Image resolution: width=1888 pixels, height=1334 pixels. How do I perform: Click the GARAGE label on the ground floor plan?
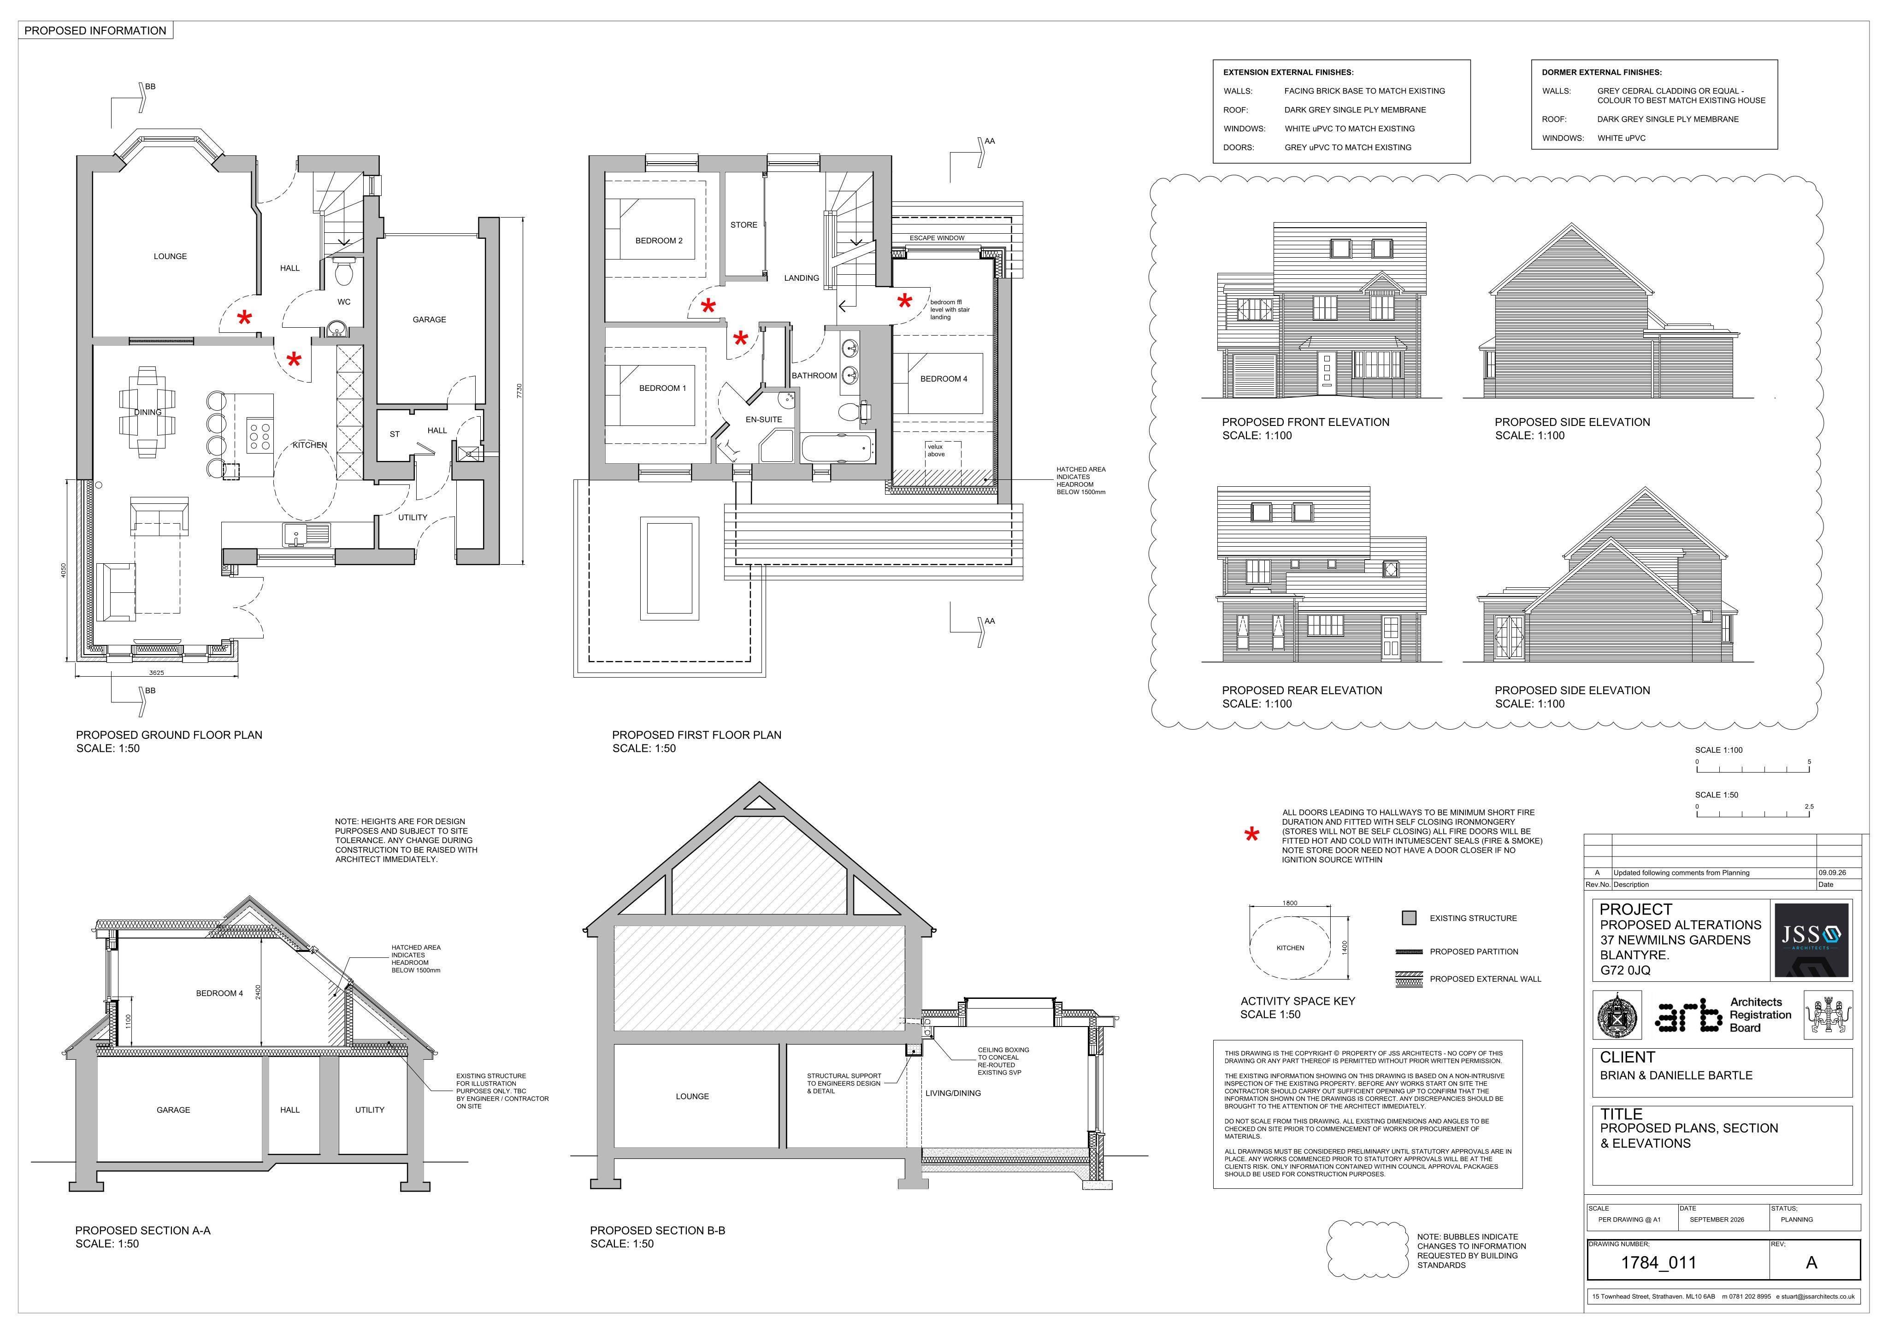click(429, 320)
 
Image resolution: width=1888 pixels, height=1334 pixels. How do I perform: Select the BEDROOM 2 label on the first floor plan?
click(659, 241)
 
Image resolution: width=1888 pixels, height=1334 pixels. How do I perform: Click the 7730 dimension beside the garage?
click(519, 391)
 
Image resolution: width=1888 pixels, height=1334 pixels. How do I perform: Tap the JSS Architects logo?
click(1811, 940)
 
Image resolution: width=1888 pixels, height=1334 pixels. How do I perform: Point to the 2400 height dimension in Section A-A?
click(258, 993)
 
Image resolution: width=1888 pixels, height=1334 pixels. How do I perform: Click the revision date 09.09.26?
click(1832, 873)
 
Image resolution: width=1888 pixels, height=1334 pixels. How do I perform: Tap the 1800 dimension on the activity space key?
click(1289, 903)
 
